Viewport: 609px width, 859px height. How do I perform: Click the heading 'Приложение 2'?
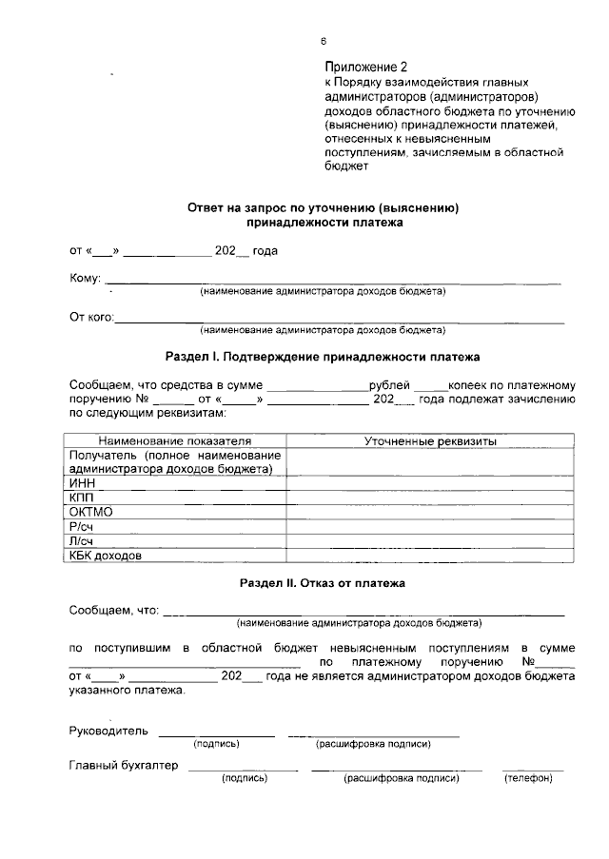[x=365, y=68]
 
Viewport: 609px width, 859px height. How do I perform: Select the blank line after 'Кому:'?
[x=332, y=282]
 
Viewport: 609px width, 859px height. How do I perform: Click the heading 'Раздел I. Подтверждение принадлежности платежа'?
[x=322, y=358]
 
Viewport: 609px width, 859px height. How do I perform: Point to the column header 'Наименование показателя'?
[x=175, y=442]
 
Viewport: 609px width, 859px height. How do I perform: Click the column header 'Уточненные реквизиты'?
[x=431, y=442]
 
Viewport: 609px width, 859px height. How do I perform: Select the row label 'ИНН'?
[x=84, y=483]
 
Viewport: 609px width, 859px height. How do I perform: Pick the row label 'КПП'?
[x=84, y=498]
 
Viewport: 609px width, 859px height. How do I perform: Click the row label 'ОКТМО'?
[x=91, y=512]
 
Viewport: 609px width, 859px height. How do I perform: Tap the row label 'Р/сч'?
[x=83, y=526]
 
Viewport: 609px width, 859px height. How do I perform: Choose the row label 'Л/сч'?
[x=83, y=540]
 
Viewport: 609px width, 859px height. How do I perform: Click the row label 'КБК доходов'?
[x=106, y=556]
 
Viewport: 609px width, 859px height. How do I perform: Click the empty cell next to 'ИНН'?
[x=431, y=483]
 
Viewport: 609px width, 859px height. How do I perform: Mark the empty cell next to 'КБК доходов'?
[x=431, y=556]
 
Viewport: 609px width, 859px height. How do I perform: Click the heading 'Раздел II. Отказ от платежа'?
[x=322, y=581]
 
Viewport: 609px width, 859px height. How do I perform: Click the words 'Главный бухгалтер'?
[x=124, y=766]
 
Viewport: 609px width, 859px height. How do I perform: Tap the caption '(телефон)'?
[x=527, y=779]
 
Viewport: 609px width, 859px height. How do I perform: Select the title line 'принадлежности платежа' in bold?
[x=324, y=223]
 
